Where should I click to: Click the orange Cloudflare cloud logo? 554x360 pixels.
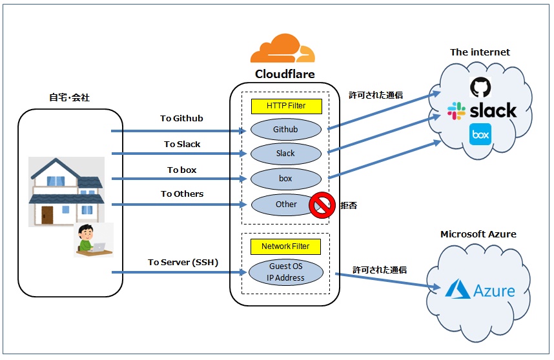[x=283, y=48]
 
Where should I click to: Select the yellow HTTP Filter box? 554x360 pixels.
[x=287, y=106]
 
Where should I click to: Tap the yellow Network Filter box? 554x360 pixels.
[x=285, y=246]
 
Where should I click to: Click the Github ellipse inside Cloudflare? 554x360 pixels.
[x=286, y=130]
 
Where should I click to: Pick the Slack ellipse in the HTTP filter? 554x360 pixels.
[x=286, y=154]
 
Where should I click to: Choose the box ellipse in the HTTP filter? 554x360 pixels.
[x=286, y=179]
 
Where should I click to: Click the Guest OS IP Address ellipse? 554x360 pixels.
[x=286, y=272]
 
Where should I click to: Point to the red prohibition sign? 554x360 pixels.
[x=322, y=205]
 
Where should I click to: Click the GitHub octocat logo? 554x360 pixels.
[x=480, y=87]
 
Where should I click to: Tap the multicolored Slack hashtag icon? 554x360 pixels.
[x=456, y=111]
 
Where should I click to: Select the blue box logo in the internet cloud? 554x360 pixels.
[x=480, y=134]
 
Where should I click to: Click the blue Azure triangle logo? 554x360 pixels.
[x=458, y=289]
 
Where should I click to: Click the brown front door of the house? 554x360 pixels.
[x=47, y=215]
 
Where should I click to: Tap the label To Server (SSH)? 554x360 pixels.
[x=183, y=262]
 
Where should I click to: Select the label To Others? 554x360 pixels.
[x=182, y=194]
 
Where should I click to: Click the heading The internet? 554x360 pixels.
[x=480, y=52]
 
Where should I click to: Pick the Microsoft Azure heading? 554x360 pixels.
[x=478, y=234]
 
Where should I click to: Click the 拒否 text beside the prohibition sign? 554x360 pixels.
[x=349, y=205]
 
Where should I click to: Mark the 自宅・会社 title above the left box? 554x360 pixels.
[x=69, y=97]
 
